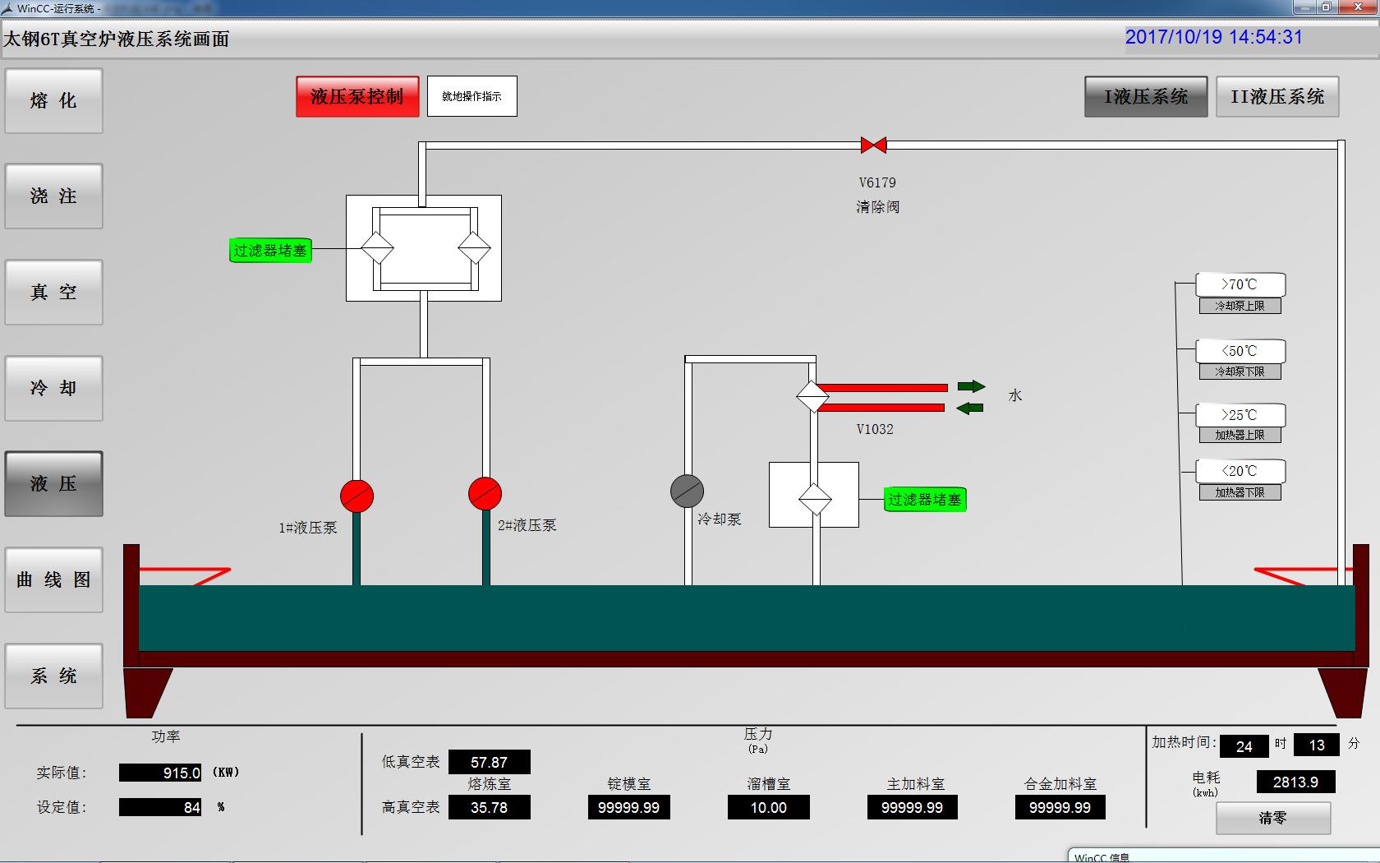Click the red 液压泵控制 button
pos(357,97)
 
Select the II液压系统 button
pos(1277,97)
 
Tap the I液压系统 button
pos(1146,97)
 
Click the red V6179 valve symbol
pos(873,145)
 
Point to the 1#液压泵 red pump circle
pos(356,496)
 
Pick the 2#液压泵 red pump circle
pos(485,493)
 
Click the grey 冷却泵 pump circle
pos(687,491)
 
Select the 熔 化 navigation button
pos(54,101)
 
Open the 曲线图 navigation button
pos(54,580)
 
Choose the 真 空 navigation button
pos(54,293)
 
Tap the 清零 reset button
pos(1272,818)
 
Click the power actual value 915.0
pos(161,773)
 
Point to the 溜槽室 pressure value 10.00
pos(768,808)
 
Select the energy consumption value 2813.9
pos(1295,782)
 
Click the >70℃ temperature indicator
pos(1240,284)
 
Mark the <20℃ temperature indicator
pos(1240,471)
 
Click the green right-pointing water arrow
pos(971,386)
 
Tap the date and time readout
pos(1213,38)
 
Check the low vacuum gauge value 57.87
pos(489,763)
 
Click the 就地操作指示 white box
pos(472,97)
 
